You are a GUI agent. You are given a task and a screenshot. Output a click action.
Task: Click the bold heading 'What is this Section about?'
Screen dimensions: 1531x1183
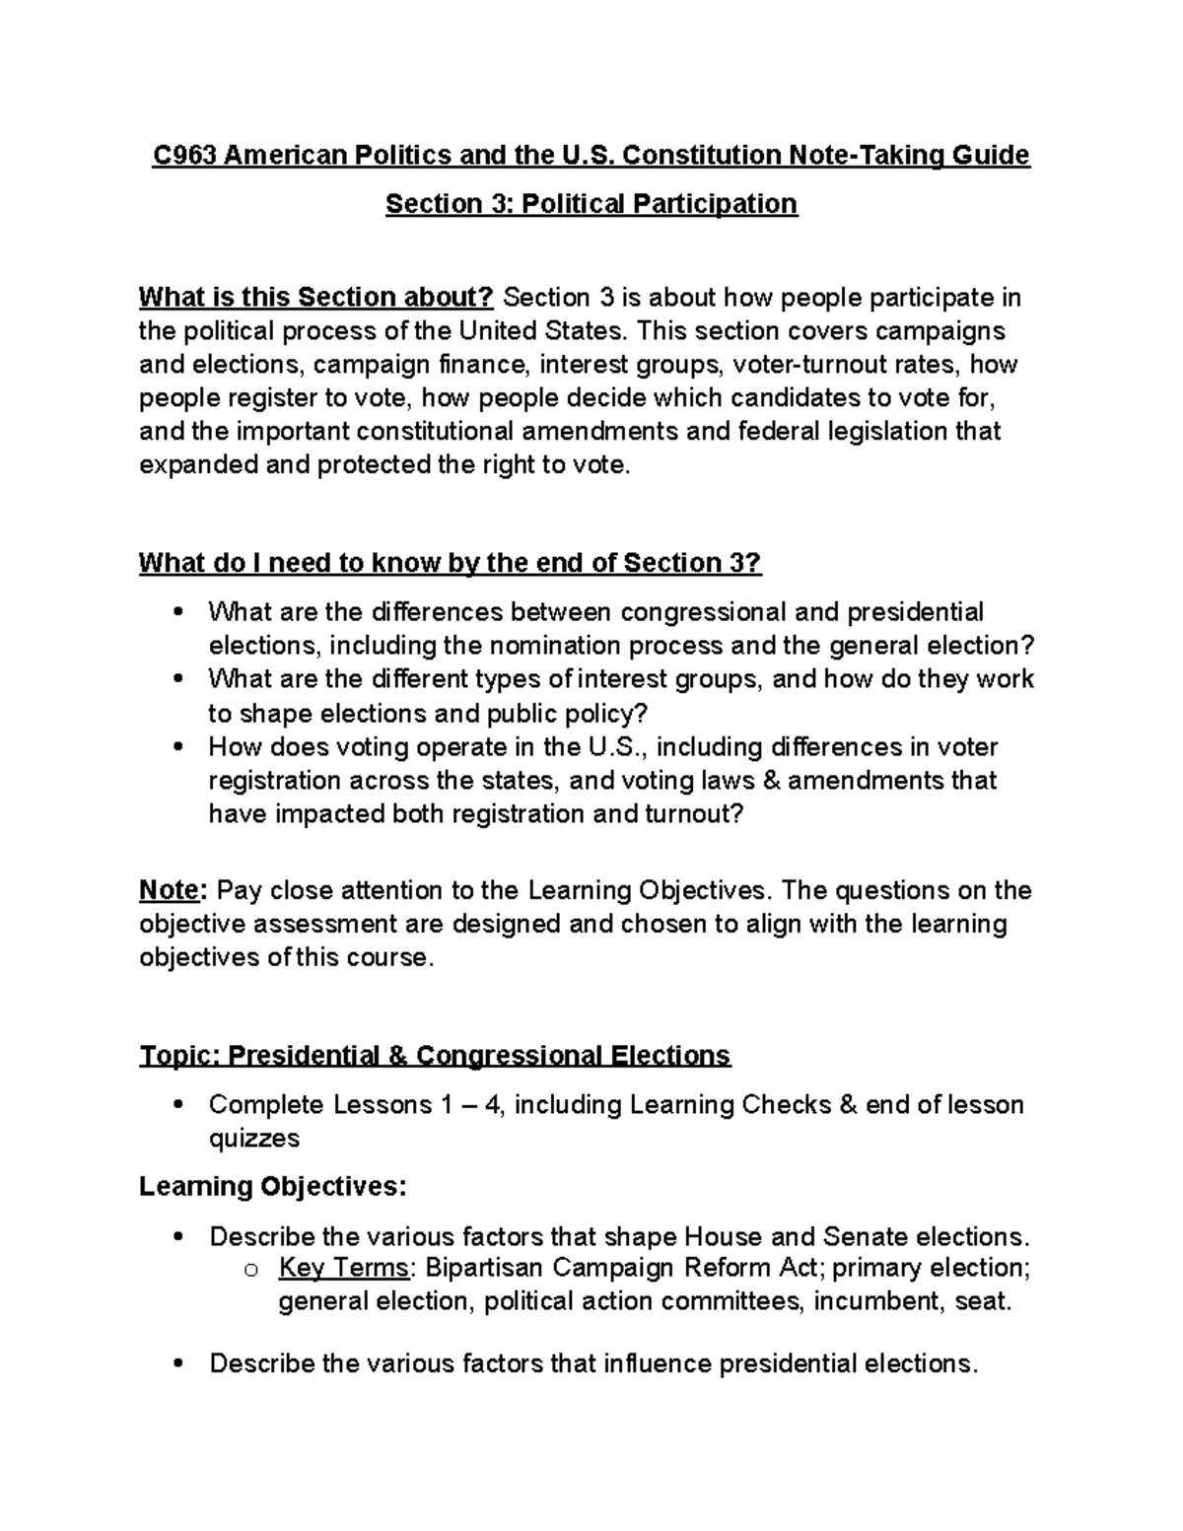[x=317, y=298]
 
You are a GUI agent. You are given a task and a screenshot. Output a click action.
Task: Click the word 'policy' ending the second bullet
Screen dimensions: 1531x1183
[x=608, y=713]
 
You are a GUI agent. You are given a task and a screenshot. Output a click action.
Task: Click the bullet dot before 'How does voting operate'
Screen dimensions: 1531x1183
[x=177, y=747]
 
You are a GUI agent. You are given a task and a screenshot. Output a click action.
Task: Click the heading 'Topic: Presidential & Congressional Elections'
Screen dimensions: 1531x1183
[x=435, y=1056]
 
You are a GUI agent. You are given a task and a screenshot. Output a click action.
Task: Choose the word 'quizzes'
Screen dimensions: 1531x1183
[x=253, y=1139]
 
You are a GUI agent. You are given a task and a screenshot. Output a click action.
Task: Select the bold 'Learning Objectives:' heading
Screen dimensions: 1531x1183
[x=272, y=1186]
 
